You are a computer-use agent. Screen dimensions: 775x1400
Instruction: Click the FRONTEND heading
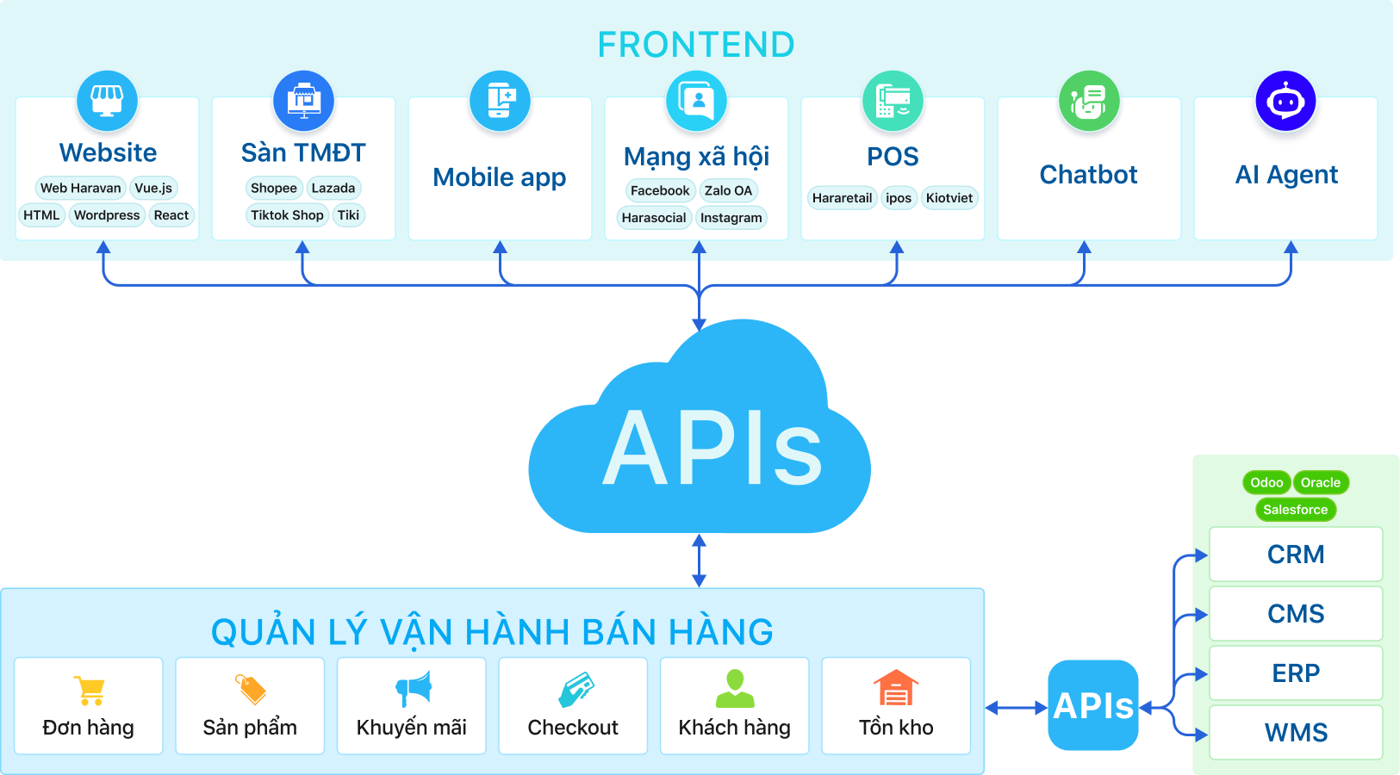coord(696,45)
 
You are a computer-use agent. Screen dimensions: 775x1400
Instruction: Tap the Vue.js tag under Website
coord(153,188)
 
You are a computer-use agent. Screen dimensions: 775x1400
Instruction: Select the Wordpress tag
coord(107,215)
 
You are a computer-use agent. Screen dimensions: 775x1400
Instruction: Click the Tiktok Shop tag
coord(287,215)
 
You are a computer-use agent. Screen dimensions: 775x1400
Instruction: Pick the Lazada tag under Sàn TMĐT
coord(333,188)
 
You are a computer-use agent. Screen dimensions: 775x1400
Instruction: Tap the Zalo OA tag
coord(728,190)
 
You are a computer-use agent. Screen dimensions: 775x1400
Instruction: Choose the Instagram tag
coord(731,218)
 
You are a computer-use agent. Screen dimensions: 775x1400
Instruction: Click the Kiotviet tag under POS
coord(949,198)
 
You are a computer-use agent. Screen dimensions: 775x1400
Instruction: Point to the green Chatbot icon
coord(1089,102)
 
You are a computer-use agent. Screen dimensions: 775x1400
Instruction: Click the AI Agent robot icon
coord(1285,102)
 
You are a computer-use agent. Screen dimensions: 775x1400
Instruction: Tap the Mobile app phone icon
coord(500,102)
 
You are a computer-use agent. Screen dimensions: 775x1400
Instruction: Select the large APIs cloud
coord(700,439)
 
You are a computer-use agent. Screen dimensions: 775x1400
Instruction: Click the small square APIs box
coord(1093,705)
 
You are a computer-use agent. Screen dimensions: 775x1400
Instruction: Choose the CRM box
coord(1296,555)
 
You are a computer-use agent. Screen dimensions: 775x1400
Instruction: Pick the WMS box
coord(1296,733)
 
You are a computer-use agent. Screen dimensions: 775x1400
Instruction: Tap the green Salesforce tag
coord(1295,510)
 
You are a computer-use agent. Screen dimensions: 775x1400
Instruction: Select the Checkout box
coord(573,706)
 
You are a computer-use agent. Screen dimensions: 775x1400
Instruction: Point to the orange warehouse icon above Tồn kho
coord(896,689)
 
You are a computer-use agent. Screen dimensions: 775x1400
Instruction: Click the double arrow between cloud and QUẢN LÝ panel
coord(699,561)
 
